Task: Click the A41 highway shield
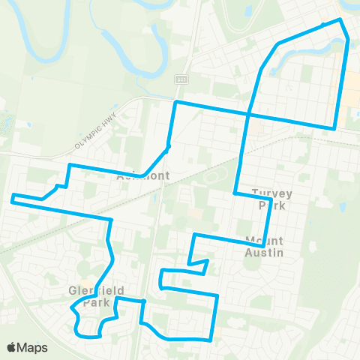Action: click(181, 79)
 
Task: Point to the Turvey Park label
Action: click(271, 198)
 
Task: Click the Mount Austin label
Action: click(264, 247)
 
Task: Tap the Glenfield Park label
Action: click(95, 296)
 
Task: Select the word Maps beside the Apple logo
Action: click(34, 347)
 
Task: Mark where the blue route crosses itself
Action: click(248, 113)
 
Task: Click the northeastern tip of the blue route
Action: click(340, 19)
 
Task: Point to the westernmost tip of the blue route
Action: click(11, 199)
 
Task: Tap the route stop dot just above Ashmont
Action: click(169, 147)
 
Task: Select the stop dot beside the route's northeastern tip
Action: click(323, 25)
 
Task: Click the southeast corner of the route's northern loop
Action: click(334, 128)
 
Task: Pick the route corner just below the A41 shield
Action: click(176, 101)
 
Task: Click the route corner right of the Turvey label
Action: click(271, 202)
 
